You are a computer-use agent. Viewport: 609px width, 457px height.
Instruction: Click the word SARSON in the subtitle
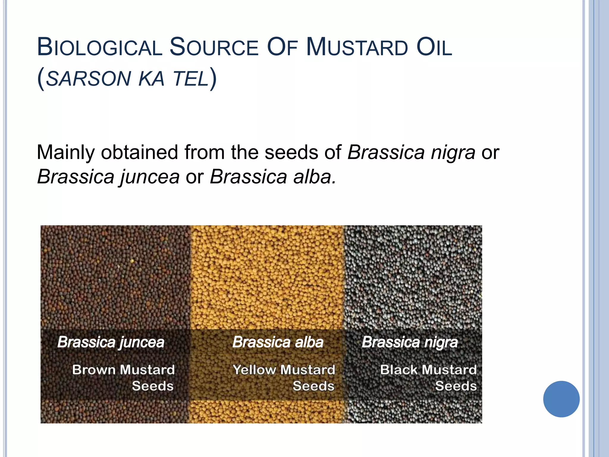89,79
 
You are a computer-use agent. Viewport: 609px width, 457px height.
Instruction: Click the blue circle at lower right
561,399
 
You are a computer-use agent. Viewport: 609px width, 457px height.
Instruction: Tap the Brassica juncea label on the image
111,342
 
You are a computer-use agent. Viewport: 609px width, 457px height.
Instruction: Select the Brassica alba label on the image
278,342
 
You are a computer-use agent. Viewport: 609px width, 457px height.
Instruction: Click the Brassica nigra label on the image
410,342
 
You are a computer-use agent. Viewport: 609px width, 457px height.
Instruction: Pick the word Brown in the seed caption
94,370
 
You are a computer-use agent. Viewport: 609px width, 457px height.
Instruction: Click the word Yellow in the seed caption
254,370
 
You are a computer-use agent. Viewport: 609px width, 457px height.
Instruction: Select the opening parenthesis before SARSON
41,79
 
